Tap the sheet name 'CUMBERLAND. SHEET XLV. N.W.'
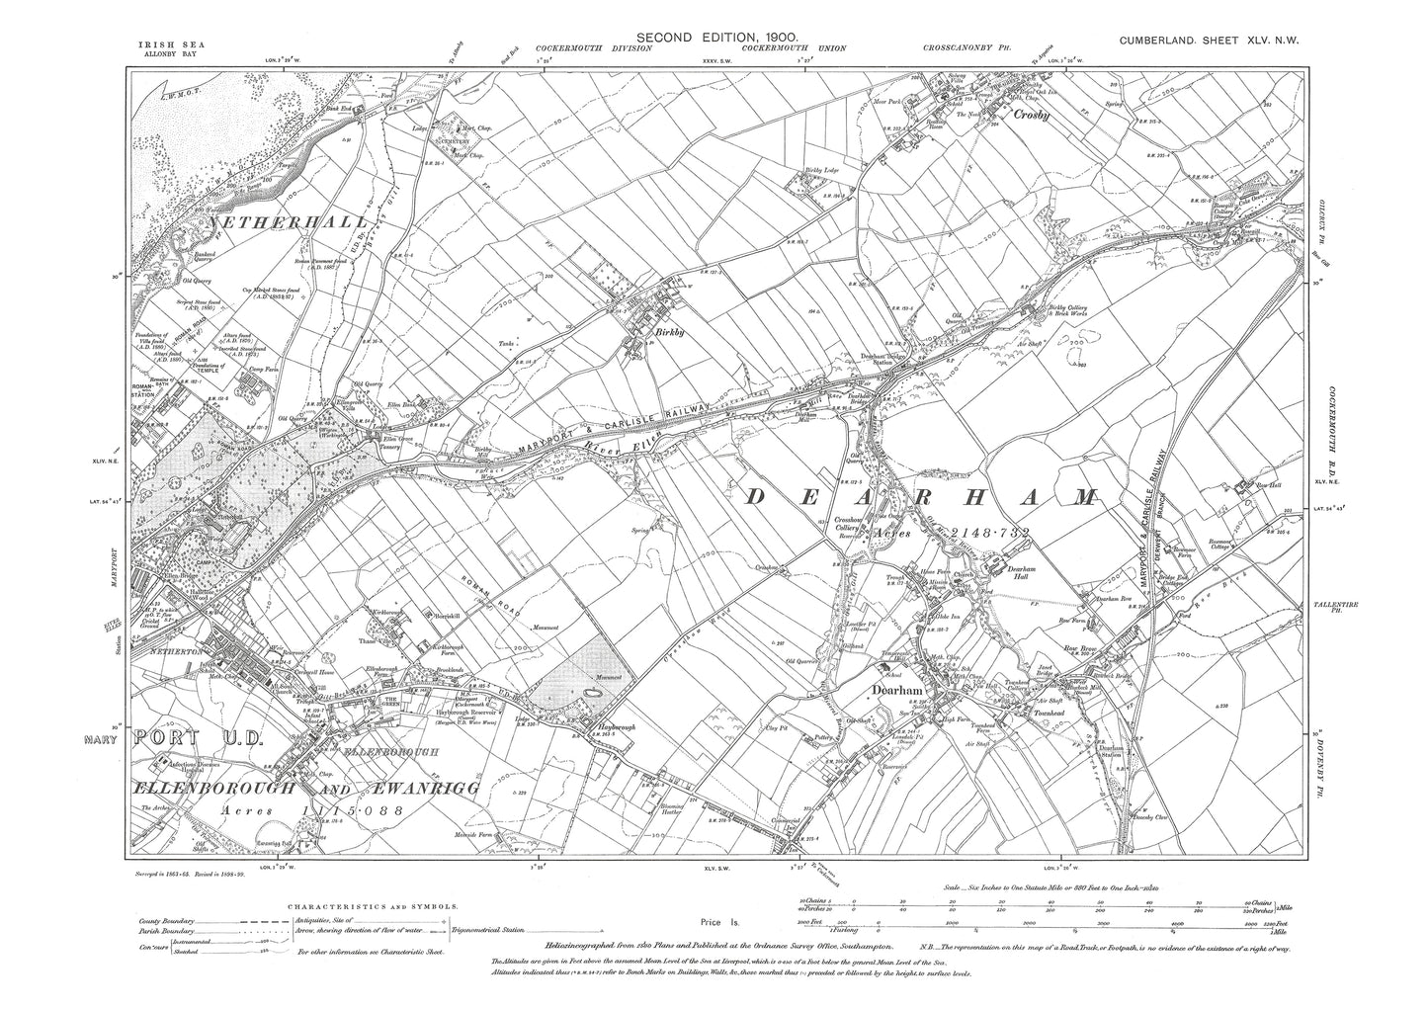pos(1215,40)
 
